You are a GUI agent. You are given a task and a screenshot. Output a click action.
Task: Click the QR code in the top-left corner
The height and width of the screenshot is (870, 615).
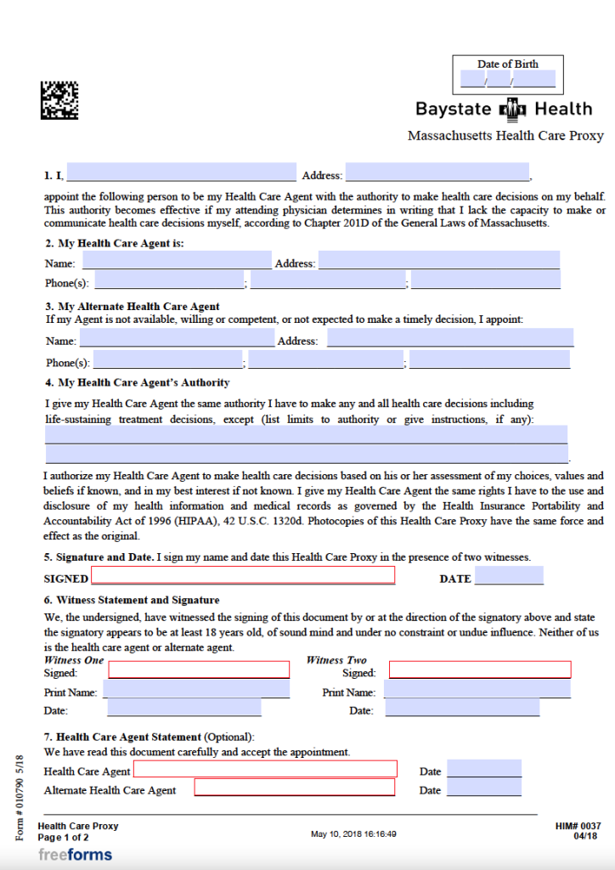(x=59, y=100)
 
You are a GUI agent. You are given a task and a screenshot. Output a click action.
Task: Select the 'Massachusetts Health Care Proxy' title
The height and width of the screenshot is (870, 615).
(x=505, y=136)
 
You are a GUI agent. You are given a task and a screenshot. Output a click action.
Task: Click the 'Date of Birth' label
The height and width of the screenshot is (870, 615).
(x=507, y=64)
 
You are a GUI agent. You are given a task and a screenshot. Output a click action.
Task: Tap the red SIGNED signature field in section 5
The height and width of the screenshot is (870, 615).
(x=243, y=575)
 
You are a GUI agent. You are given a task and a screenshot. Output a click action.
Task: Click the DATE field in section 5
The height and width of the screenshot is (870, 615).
(x=508, y=577)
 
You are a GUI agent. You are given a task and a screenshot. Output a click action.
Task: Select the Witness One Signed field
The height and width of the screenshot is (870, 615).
(x=199, y=669)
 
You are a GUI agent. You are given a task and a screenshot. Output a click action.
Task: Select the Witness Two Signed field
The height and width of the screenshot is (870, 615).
(x=480, y=669)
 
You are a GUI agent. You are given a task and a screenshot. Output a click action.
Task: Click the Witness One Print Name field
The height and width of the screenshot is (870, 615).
(x=196, y=689)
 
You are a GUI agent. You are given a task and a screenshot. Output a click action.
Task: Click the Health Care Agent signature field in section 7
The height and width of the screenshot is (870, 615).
(x=265, y=769)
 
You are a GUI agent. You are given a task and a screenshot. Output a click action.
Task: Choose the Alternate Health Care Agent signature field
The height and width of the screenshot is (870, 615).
(x=295, y=788)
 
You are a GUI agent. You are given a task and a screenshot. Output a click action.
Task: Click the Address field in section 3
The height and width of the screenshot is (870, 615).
(x=450, y=338)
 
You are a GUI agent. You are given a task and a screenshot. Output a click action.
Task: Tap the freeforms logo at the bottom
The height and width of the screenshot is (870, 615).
(x=75, y=855)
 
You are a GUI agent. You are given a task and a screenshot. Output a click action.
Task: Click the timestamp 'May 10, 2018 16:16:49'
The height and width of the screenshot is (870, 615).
(x=353, y=834)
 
